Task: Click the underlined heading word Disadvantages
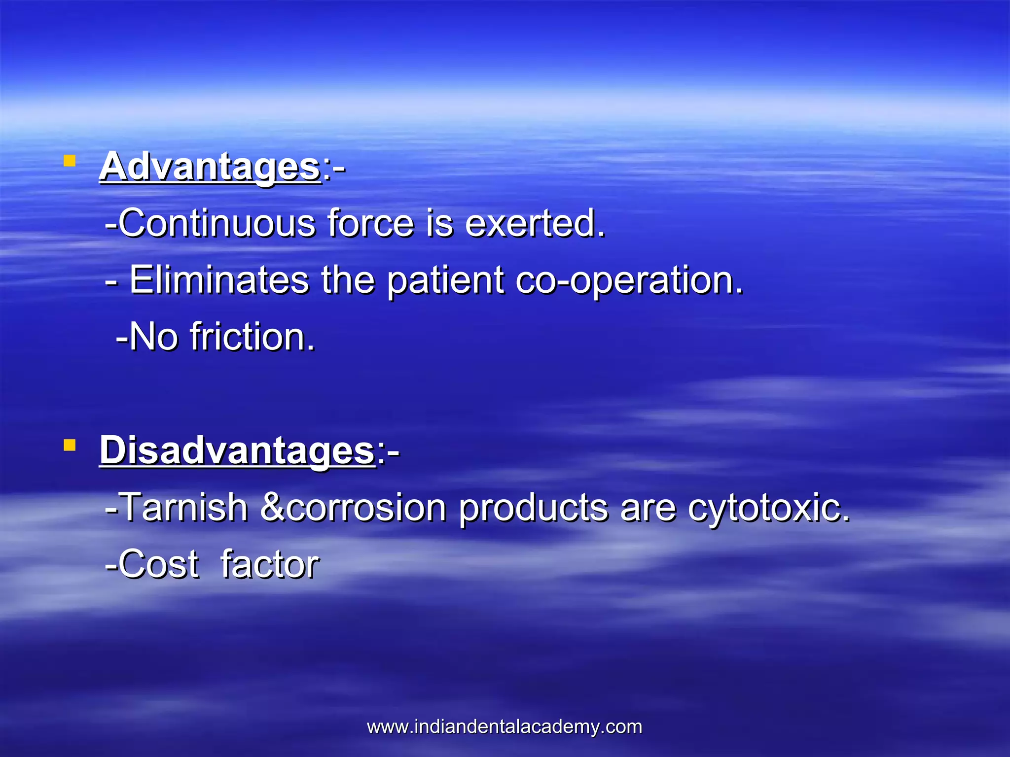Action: coord(237,450)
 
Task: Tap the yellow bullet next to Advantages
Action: coord(70,161)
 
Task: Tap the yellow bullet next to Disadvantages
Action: coord(70,446)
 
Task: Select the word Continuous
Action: coord(217,224)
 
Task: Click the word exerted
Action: coord(535,224)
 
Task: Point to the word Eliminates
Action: coord(219,280)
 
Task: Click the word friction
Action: coord(252,337)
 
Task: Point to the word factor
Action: coord(270,565)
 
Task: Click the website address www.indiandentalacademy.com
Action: coord(505,727)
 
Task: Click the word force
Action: coord(370,224)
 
